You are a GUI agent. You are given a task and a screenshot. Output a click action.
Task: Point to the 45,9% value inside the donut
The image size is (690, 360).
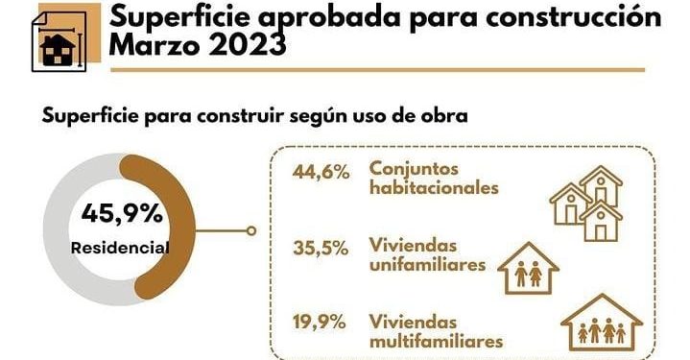coord(122,212)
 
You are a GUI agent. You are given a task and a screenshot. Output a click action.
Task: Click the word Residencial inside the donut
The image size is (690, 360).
coord(120,248)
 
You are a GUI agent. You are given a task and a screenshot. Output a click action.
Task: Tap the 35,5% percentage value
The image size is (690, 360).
coord(320,248)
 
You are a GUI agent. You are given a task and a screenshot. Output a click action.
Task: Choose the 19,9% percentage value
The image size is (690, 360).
coord(320,322)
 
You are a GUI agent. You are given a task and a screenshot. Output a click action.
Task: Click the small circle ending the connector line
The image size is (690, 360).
coord(251,230)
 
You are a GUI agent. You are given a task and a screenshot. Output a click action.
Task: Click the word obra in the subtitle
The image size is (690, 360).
coord(442,117)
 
